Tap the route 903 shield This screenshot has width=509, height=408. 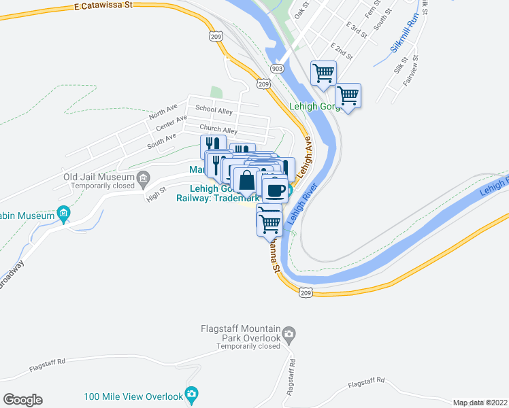(276, 69)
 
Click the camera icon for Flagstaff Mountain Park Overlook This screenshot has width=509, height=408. (289, 334)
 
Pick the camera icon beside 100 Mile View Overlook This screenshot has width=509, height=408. (192, 394)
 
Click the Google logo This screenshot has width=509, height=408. (23, 400)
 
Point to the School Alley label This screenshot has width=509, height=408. (214, 109)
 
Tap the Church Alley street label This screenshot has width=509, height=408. (218, 130)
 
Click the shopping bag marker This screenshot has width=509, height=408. (246, 182)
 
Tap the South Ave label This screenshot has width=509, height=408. (161, 141)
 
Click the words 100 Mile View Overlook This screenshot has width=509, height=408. (133, 396)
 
